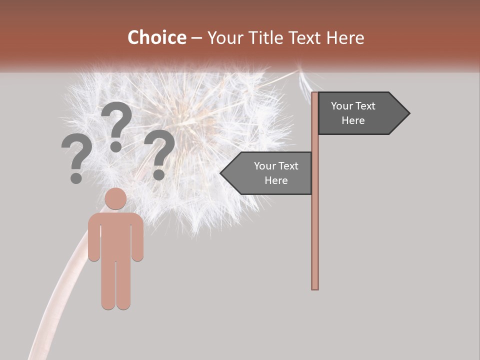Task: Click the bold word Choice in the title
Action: (156, 37)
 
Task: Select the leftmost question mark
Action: (76, 158)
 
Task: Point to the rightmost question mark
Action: (159, 154)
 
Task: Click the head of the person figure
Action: (115, 198)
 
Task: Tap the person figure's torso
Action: (115, 235)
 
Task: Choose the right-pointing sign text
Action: (353, 113)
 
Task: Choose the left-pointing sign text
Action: (275, 173)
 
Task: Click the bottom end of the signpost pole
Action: (315, 287)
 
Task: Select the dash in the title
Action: (196, 38)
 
